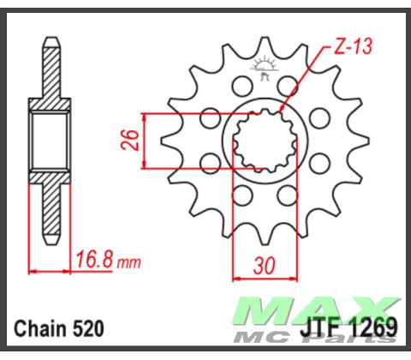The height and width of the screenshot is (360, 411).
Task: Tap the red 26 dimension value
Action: point(129,140)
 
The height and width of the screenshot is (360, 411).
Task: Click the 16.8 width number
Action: point(93,257)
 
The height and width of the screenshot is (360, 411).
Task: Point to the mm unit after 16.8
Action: point(128,260)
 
